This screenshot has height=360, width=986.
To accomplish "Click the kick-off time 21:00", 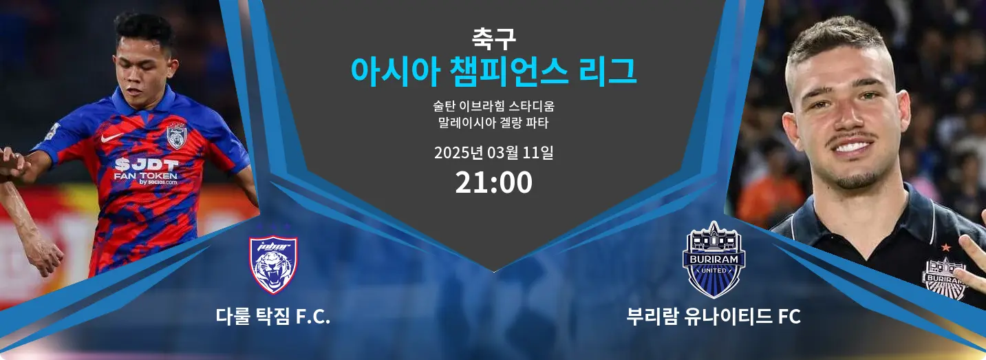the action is pyautogui.click(x=493, y=182).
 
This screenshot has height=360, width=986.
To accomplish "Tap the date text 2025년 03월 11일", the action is pyautogui.click(x=493, y=153).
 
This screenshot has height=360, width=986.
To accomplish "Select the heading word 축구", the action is pyautogui.click(x=493, y=39).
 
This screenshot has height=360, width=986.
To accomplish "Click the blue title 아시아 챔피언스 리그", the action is pyautogui.click(x=493, y=72).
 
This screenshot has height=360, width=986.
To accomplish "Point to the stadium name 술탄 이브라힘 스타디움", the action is pyautogui.click(x=493, y=106).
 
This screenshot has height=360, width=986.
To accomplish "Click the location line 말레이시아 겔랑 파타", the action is pyautogui.click(x=493, y=123).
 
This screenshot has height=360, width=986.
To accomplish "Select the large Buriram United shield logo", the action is pyautogui.click(x=714, y=260).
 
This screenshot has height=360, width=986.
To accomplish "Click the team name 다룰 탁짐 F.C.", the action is pyautogui.click(x=273, y=317).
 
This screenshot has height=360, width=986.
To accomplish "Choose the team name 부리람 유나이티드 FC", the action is pyautogui.click(x=714, y=317).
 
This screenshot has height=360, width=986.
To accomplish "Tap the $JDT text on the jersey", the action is pyautogui.click(x=147, y=165).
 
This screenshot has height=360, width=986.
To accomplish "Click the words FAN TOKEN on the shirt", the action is pyautogui.click(x=145, y=176).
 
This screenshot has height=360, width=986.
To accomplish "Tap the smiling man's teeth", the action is pyautogui.click(x=852, y=147).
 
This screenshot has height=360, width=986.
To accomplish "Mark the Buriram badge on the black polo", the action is pyautogui.click(x=943, y=278).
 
